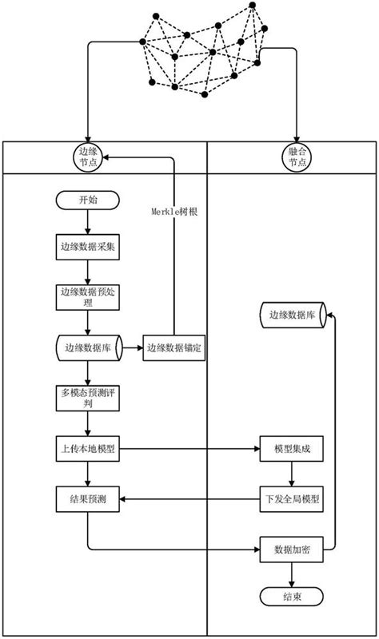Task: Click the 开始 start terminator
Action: (87, 200)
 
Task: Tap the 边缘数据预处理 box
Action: (87, 297)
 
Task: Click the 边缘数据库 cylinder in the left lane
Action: (87, 348)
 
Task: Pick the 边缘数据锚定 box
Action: (175, 348)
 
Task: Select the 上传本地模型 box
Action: (87, 450)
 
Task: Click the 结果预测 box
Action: (87, 500)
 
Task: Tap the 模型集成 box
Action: (292, 450)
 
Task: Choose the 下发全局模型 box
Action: (292, 500)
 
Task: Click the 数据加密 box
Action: (292, 551)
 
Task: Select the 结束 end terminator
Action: (292, 596)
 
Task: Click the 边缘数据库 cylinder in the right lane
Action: (292, 315)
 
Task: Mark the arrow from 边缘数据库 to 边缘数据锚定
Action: (132, 348)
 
